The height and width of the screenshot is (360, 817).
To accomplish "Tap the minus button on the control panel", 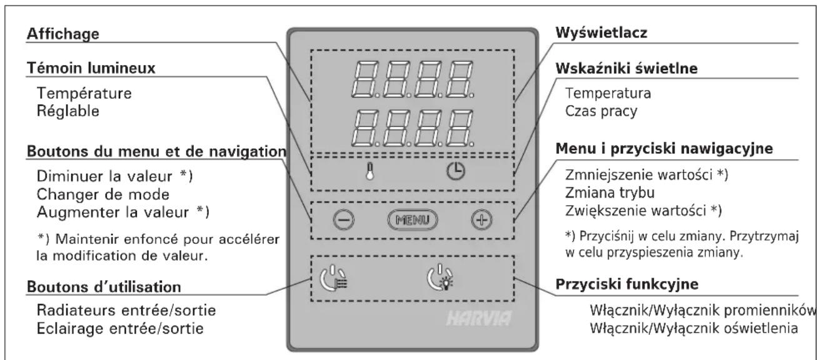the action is [x=344, y=220].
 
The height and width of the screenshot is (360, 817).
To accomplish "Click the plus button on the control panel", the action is [x=482, y=220].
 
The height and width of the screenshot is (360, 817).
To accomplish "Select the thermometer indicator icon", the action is [x=370, y=171].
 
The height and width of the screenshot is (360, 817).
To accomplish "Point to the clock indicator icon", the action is [x=456, y=171].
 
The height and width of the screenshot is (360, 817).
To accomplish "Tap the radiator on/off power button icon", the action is [x=334, y=278].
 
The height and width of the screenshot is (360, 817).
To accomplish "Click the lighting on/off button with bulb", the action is [x=441, y=277].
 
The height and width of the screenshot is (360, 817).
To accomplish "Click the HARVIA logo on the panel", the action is [x=479, y=318].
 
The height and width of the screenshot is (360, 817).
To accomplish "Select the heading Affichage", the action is [x=63, y=34].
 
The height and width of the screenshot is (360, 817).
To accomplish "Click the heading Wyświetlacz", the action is [x=601, y=33].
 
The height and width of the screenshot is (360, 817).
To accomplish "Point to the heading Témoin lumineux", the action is [x=91, y=68].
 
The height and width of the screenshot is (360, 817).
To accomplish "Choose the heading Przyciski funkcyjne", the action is [x=626, y=284].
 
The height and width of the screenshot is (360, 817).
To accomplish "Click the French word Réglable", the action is [x=68, y=111].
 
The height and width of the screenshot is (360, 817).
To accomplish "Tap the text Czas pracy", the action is [x=601, y=111].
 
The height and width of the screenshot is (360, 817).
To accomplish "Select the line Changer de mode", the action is [x=103, y=194].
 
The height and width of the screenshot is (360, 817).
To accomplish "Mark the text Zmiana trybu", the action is [x=610, y=192].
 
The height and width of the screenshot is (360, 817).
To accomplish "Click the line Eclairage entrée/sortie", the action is [x=120, y=329].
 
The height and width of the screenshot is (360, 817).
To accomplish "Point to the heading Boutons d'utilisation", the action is [x=104, y=287].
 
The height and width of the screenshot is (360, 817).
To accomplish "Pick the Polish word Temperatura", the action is [x=608, y=93].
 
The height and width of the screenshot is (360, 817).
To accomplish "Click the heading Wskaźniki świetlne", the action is [x=626, y=69].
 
